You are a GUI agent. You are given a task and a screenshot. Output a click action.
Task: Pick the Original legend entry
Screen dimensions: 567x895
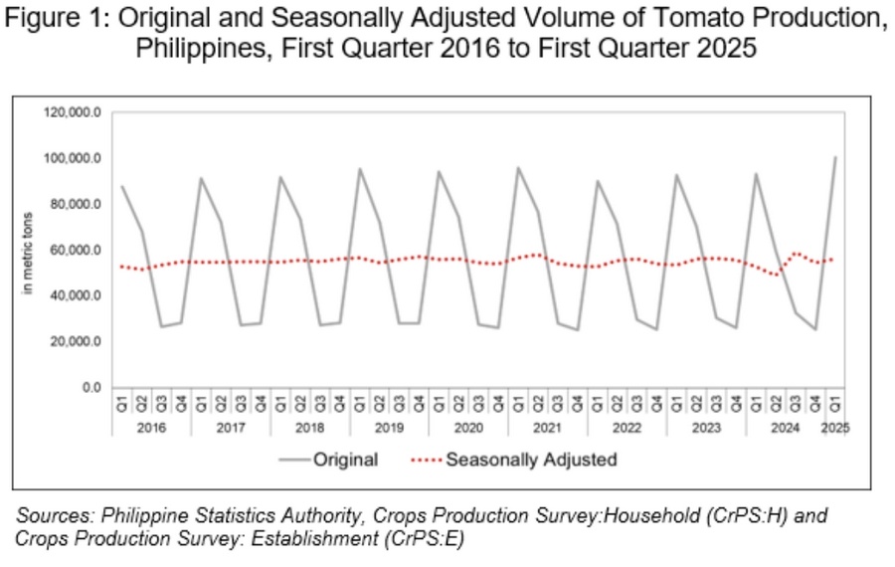tap(345, 460)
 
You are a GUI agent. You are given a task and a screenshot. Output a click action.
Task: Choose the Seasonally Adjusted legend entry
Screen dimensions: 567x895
tap(531, 460)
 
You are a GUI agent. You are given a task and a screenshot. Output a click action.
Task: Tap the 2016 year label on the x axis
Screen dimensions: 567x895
tap(151, 428)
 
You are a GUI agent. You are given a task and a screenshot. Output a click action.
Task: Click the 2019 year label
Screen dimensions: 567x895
tap(389, 428)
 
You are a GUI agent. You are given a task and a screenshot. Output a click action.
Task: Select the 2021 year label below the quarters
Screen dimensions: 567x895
tap(547, 428)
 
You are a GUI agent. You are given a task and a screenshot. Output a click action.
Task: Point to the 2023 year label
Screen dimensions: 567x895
tap(706, 428)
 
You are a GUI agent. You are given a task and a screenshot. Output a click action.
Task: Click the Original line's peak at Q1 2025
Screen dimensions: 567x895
tap(835, 157)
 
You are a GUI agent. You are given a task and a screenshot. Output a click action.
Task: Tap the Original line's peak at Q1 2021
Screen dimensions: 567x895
tap(518, 168)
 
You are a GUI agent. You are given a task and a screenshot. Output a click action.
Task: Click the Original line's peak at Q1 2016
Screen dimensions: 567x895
tap(121, 186)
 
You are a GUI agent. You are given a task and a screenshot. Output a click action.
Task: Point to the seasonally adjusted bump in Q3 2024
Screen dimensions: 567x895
tap(796, 254)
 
